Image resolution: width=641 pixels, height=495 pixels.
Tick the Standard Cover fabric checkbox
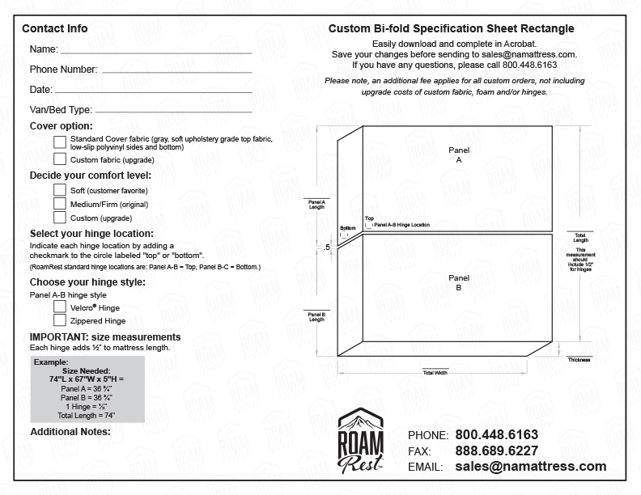tap(60, 142)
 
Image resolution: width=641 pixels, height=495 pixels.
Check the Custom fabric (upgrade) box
tap(60, 159)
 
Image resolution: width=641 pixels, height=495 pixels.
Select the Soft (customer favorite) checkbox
tap(60, 189)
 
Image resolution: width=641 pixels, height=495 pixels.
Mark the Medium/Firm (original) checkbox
tap(60, 203)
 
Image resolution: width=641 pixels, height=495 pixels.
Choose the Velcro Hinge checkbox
tap(60, 307)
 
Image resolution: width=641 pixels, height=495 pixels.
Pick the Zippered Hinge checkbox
tap(60, 321)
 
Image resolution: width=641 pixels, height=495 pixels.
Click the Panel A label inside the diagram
tap(458, 155)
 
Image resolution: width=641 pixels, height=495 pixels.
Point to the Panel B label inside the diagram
tap(458, 282)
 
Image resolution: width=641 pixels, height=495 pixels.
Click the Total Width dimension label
tap(435, 373)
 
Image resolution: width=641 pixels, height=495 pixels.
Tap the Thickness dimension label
tap(579, 360)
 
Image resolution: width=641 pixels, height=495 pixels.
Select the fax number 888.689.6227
tap(496, 451)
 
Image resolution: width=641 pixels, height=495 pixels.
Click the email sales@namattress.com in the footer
tap(530, 467)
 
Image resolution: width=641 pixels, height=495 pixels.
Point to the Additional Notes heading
tap(70, 432)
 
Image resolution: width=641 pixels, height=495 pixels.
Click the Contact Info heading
tap(55, 28)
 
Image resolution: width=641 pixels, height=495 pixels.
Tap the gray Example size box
tap(87, 389)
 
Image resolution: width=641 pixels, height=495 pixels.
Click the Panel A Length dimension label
tap(316, 204)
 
